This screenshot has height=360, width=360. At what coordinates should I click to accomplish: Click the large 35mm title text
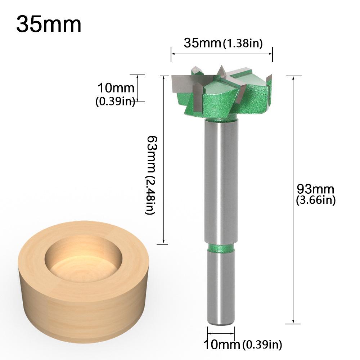49,24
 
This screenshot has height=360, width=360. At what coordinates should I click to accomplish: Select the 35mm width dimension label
202,43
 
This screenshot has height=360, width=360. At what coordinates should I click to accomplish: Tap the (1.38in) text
243,44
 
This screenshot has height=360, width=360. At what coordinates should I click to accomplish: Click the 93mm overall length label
315,189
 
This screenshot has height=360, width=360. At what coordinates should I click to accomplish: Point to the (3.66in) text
315,200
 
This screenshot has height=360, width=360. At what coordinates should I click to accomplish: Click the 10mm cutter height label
116,88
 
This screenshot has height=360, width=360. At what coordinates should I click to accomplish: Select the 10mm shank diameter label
222,345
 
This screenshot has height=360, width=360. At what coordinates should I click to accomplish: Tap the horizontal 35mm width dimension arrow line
221,54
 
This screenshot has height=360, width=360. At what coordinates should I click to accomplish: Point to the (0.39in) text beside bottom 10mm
262,345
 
